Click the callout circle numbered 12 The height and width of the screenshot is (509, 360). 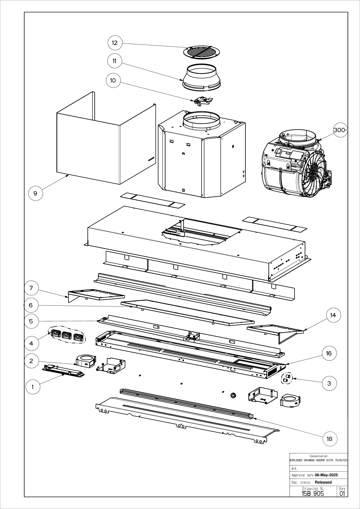[115, 43]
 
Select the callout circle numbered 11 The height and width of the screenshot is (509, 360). [115, 61]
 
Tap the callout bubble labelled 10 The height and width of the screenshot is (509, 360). [113, 81]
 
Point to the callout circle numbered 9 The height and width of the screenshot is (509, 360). [35, 193]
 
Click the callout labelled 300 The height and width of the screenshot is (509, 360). [340, 130]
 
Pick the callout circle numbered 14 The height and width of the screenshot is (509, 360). [333, 315]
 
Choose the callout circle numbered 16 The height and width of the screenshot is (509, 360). [329, 353]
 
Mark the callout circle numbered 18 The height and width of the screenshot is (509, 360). [330, 439]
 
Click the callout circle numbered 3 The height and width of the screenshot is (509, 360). [329, 383]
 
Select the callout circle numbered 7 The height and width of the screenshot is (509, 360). [31, 288]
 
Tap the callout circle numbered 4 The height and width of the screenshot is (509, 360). [31, 343]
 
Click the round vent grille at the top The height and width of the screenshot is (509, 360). [202, 52]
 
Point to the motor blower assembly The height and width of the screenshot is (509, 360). [297, 163]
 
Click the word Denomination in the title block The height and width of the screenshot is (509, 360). [319, 456]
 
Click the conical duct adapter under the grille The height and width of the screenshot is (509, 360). [202, 77]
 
